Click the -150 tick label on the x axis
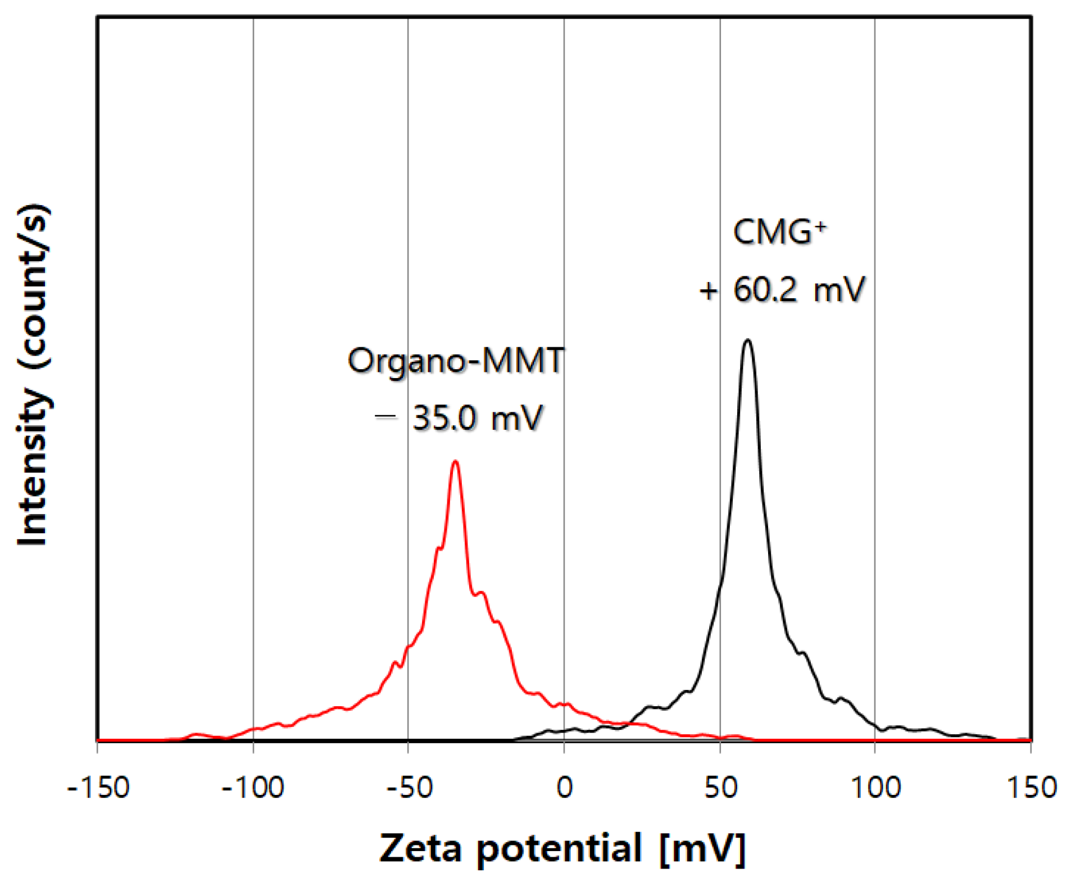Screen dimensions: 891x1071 [x=98, y=788]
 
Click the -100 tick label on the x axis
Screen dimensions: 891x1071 [x=253, y=788]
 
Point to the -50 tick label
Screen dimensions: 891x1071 [x=409, y=788]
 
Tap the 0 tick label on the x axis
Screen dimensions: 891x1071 [x=564, y=788]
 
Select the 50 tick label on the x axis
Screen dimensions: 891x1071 [x=720, y=788]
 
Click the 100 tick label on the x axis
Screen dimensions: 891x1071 [x=875, y=788]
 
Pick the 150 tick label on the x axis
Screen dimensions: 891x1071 [x=1031, y=788]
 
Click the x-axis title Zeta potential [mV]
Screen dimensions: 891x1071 [x=562, y=848]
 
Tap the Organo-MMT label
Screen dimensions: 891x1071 [x=455, y=361]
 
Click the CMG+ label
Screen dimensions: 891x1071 [x=779, y=231]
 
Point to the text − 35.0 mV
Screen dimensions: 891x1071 [x=459, y=418]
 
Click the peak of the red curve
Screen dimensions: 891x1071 [x=455, y=462]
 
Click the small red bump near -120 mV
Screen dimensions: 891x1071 [x=196, y=734]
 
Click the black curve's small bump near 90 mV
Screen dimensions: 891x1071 [x=841, y=699]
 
